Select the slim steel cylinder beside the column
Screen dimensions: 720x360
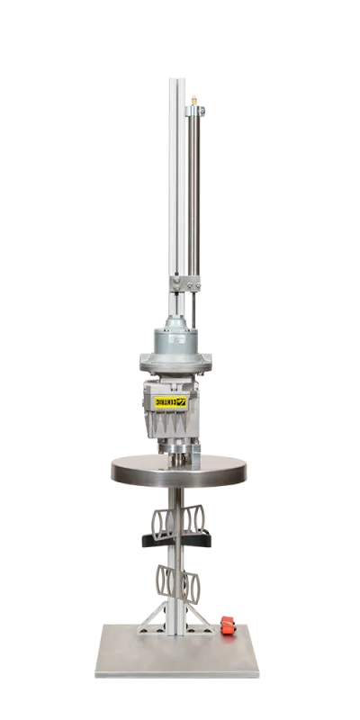tap(192, 198)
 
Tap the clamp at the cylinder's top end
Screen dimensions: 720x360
tap(197, 111)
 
